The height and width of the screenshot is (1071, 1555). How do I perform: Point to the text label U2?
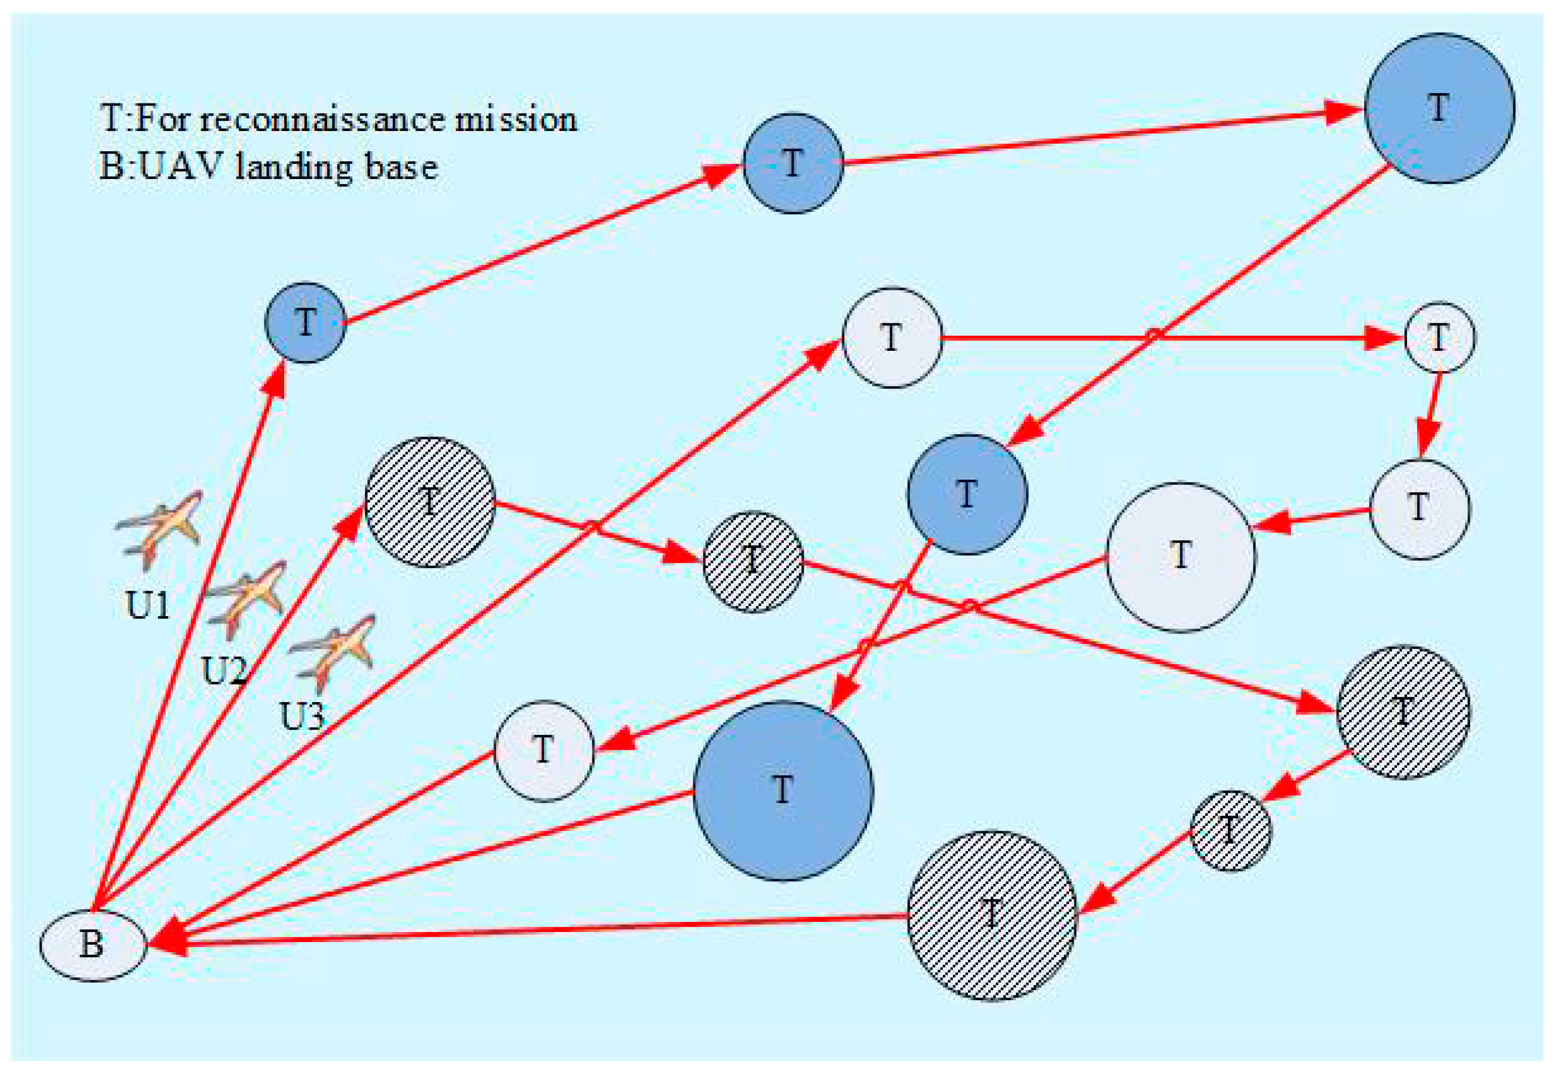tap(224, 670)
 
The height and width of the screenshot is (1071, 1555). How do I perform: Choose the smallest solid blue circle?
tap(305, 323)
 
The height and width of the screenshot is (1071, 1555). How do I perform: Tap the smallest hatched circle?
tap(1230, 831)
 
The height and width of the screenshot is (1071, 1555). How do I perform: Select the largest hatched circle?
tap(992, 916)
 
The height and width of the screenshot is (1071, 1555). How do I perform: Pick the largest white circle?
tap(1180, 557)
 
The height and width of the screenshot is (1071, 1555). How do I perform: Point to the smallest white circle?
tap(1440, 338)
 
